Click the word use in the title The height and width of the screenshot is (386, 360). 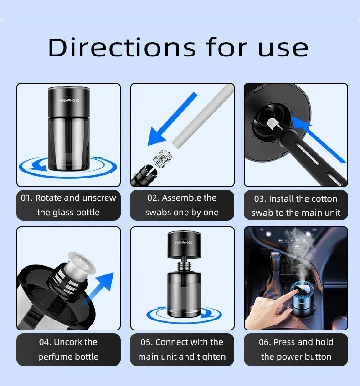[x=283, y=48]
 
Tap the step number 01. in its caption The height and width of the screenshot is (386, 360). [x=26, y=198]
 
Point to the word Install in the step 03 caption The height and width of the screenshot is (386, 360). [x=281, y=198]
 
